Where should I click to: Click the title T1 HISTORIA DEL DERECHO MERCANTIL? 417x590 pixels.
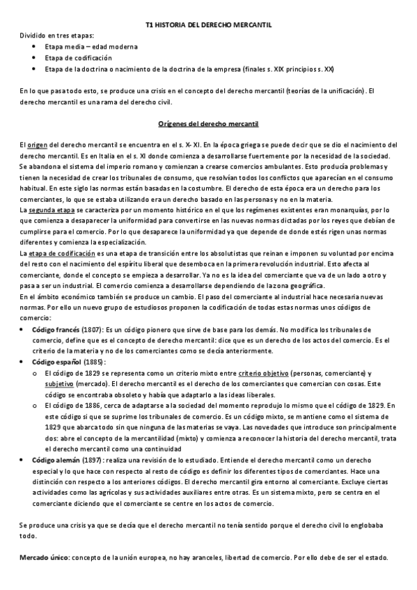tap(208, 24)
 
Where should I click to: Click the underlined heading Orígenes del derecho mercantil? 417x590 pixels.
tap(208, 124)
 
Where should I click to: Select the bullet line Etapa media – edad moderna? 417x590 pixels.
tap(91, 47)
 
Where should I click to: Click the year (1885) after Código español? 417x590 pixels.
tap(95, 362)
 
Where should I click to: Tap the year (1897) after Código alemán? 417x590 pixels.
tap(93, 460)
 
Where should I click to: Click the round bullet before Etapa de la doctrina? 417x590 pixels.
tap(34, 69)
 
